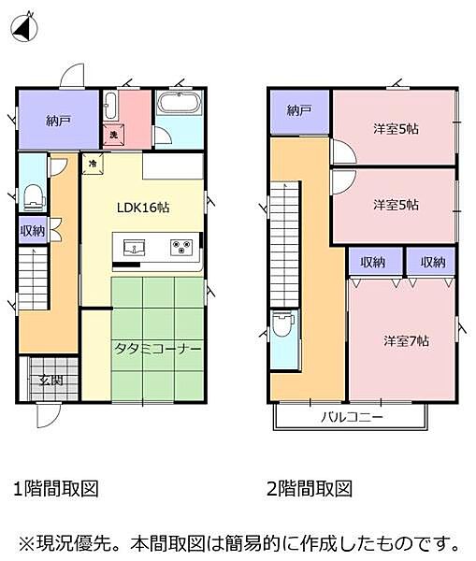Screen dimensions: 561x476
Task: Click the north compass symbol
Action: pos(25,27)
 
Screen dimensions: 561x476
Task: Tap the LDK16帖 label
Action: pos(144,208)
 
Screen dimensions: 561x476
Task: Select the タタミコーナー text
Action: pos(158,348)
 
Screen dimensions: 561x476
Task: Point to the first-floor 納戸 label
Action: pos(57,120)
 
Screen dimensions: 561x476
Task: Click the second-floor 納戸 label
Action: pos(298,110)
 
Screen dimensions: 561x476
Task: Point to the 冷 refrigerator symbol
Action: pos(93,163)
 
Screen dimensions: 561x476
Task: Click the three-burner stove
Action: pos(181,248)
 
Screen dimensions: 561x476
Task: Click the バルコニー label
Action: pos(353,416)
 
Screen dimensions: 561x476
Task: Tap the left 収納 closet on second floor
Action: pos(372,262)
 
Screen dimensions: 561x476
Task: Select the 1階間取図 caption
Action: pos(56,488)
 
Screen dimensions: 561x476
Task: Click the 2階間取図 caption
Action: pos(310,488)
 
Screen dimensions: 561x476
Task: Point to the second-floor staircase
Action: pos(282,242)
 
